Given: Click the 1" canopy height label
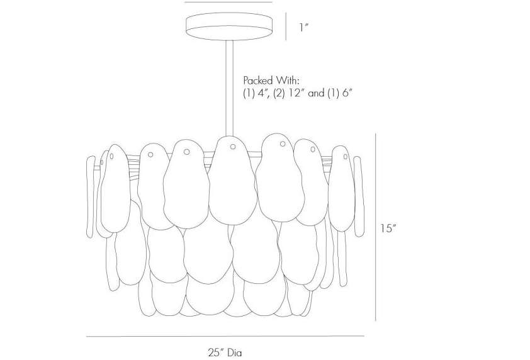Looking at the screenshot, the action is click(304, 27).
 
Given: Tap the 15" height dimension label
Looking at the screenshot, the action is click(387, 228).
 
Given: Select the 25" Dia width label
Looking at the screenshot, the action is click(225, 353).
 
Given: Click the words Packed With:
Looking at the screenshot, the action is click(271, 81).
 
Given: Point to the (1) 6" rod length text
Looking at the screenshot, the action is click(340, 93).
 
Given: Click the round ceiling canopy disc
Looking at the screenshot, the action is click(230, 26).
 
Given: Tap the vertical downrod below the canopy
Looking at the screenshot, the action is click(230, 89).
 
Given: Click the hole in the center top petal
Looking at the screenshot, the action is click(232, 147).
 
